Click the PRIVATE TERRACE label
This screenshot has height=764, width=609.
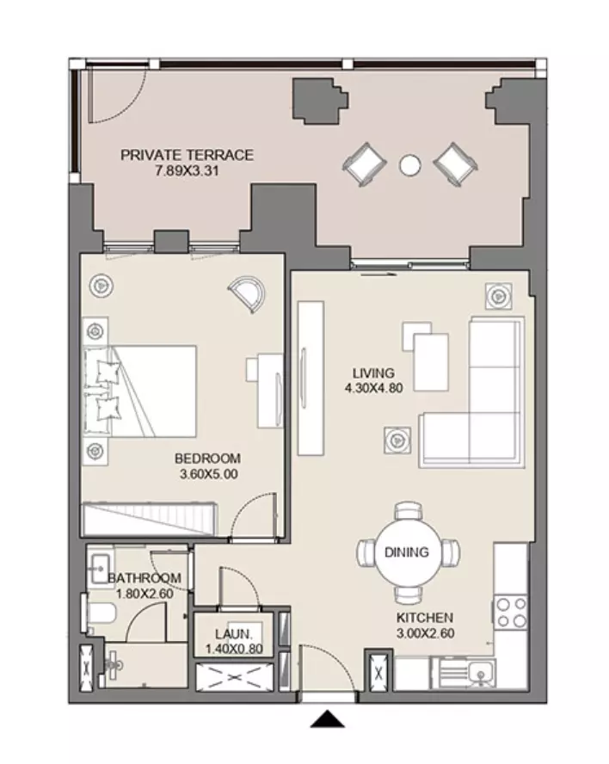tap(187, 155)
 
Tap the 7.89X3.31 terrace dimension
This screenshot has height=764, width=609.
tap(187, 171)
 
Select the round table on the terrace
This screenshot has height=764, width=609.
tap(409, 165)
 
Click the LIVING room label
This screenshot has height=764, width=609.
tap(373, 373)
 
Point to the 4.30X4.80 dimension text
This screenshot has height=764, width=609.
tap(373, 388)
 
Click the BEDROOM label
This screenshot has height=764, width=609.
tap(207, 459)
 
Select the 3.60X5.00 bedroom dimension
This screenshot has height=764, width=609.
tap(208, 474)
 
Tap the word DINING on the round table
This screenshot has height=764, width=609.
tap(407, 552)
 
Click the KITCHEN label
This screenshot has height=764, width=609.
tap(425, 618)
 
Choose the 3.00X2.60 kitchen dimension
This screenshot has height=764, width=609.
tap(425, 633)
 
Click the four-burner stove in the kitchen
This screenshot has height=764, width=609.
tap(511, 613)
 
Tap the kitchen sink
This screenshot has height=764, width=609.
tap(479, 674)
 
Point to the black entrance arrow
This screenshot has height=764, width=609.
tap(328, 718)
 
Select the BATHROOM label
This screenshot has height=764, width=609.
tap(145, 578)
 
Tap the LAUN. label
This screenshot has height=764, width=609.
tap(234, 634)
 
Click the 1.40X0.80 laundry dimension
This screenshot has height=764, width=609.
tap(234, 649)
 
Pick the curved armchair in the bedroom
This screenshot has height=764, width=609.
tap(248, 294)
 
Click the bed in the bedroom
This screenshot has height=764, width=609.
tap(140, 391)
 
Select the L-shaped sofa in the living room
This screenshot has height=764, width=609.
tap(471, 392)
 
